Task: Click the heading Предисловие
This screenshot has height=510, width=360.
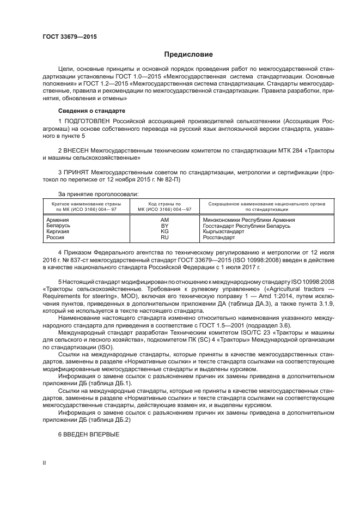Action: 189,54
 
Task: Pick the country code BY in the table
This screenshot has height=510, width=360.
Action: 164,226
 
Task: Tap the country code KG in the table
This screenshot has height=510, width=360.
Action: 164,232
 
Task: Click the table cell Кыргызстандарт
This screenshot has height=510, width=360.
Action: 223,232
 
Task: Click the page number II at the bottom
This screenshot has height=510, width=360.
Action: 45,462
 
